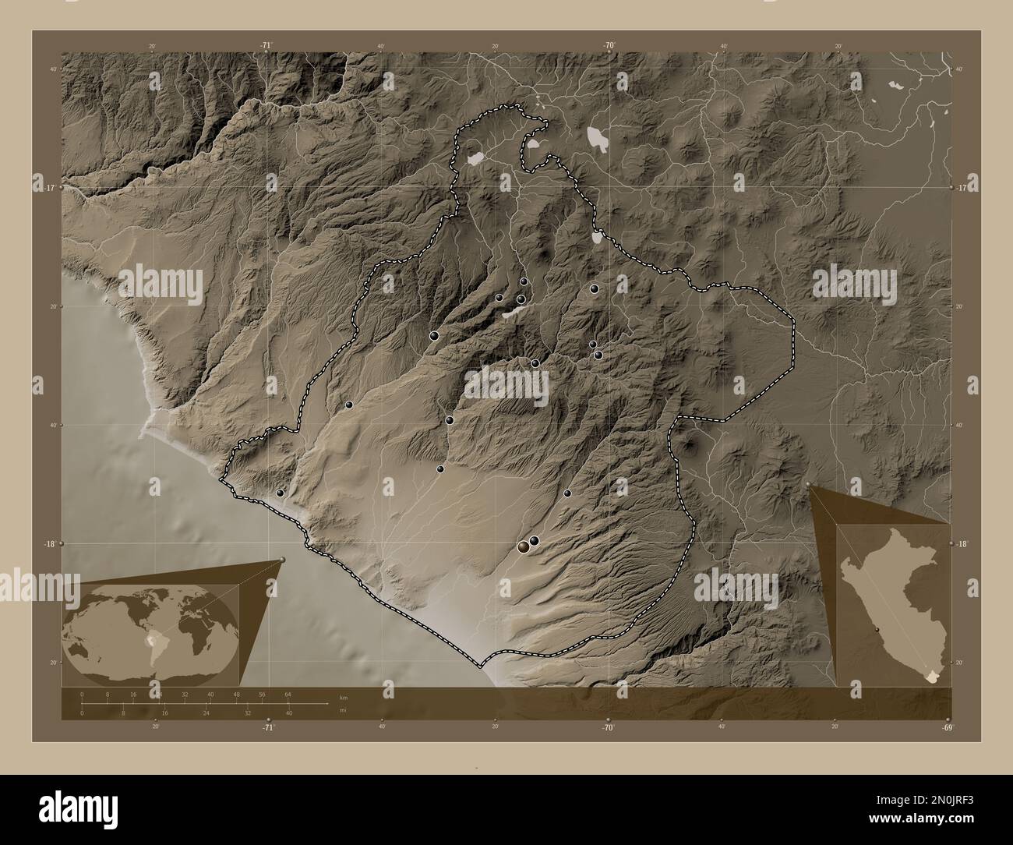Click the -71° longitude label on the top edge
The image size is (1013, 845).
tap(266, 46)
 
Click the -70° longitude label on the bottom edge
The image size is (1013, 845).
tap(608, 727)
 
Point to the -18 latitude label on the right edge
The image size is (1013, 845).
tap(962, 544)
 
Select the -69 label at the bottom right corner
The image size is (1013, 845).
tap(947, 727)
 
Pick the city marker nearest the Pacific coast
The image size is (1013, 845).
tap(280, 493)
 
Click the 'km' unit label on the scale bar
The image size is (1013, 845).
tap(343, 696)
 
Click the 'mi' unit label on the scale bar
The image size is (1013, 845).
tap(343, 710)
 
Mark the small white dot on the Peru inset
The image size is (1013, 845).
tap(877, 630)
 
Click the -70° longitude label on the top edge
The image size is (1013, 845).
tap(608, 46)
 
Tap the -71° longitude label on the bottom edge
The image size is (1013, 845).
tap(268, 727)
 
